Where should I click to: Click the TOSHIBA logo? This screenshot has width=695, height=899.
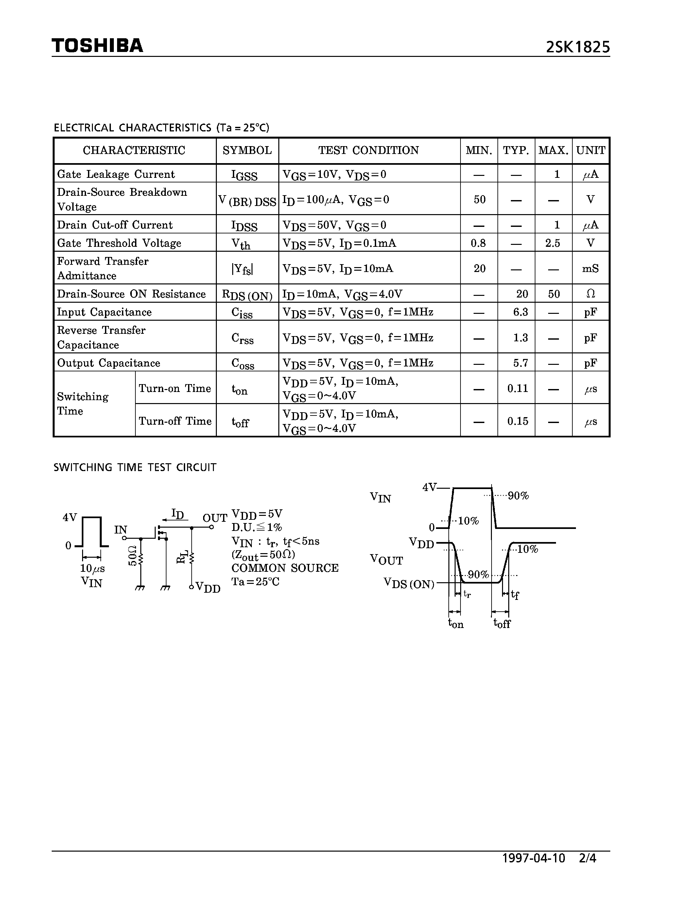97,46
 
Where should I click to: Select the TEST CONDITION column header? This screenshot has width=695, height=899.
369,151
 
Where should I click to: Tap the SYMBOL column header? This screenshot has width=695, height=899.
247,151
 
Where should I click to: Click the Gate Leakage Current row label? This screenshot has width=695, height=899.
116,174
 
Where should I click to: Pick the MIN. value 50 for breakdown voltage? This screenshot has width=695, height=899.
479,200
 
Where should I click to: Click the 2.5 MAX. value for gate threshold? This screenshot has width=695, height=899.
552,243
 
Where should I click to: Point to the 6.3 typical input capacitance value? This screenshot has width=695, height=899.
520,312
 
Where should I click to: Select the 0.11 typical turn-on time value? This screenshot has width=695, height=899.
517,388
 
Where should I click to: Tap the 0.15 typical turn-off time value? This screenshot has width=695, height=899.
517,421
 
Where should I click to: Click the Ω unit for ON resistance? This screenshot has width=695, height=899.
590,294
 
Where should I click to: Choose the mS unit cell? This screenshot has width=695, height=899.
590,269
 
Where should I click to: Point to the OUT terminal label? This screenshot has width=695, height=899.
215,518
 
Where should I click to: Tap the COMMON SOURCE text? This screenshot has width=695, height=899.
285,568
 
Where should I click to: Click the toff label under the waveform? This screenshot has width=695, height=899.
502,624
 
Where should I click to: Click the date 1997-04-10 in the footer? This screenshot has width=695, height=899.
534,858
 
